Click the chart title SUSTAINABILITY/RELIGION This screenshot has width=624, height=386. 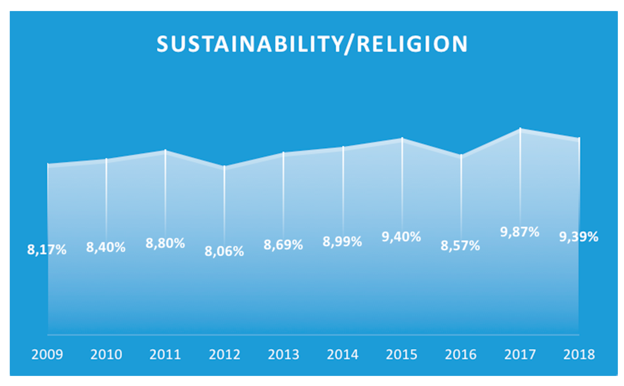click(x=312, y=44)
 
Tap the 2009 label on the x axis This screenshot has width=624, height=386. click(x=47, y=354)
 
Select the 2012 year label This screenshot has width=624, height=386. click(x=224, y=354)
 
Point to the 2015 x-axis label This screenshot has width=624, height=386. click(x=401, y=354)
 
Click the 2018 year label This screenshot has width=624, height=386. click(x=579, y=354)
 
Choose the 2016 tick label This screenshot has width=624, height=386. click(x=461, y=354)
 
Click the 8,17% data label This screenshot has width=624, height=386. click(x=47, y=250)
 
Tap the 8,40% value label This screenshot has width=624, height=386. click(x=106, y=247)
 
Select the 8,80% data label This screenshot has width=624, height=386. click(x=165, y=243)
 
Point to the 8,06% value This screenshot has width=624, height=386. click(x=224, y=251)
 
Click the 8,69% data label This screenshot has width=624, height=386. click(x=283, y=244)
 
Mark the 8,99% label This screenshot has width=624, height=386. click(x=342, y=242)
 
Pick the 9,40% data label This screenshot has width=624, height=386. click(x=401, y=237)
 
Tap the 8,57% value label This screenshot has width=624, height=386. click(x=460, y=246)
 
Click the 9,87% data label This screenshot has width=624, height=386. click(x=520, y=232)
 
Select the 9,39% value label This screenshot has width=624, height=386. click(x=579, y=237)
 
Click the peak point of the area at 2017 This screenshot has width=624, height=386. click(x=520, y=129)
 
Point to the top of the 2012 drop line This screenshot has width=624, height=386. click(x=224, y=166)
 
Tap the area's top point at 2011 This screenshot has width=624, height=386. click(x=165, y=150)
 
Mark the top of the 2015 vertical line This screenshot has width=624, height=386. click(x=402, y=138)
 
